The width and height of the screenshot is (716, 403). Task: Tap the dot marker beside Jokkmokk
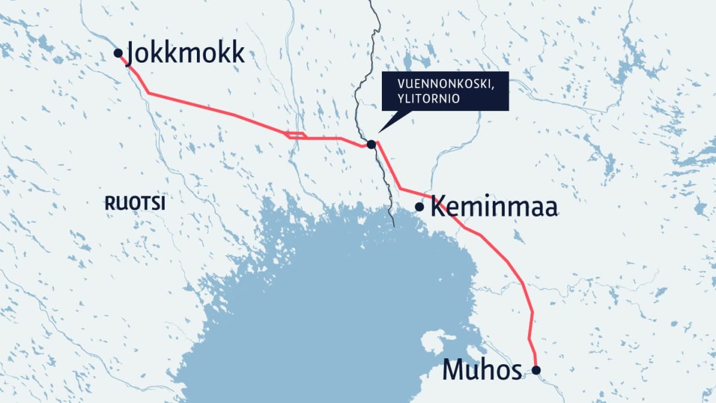point(118,53)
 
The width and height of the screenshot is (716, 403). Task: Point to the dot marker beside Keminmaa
point(419,207)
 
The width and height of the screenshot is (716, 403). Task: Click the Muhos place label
point(482,370)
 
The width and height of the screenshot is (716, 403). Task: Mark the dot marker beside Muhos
point(536,371)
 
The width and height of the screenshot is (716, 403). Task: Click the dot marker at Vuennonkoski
point(371,144)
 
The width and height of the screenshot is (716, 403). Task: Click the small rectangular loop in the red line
point(297,136)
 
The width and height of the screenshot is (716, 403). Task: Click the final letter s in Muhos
point(517,371)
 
